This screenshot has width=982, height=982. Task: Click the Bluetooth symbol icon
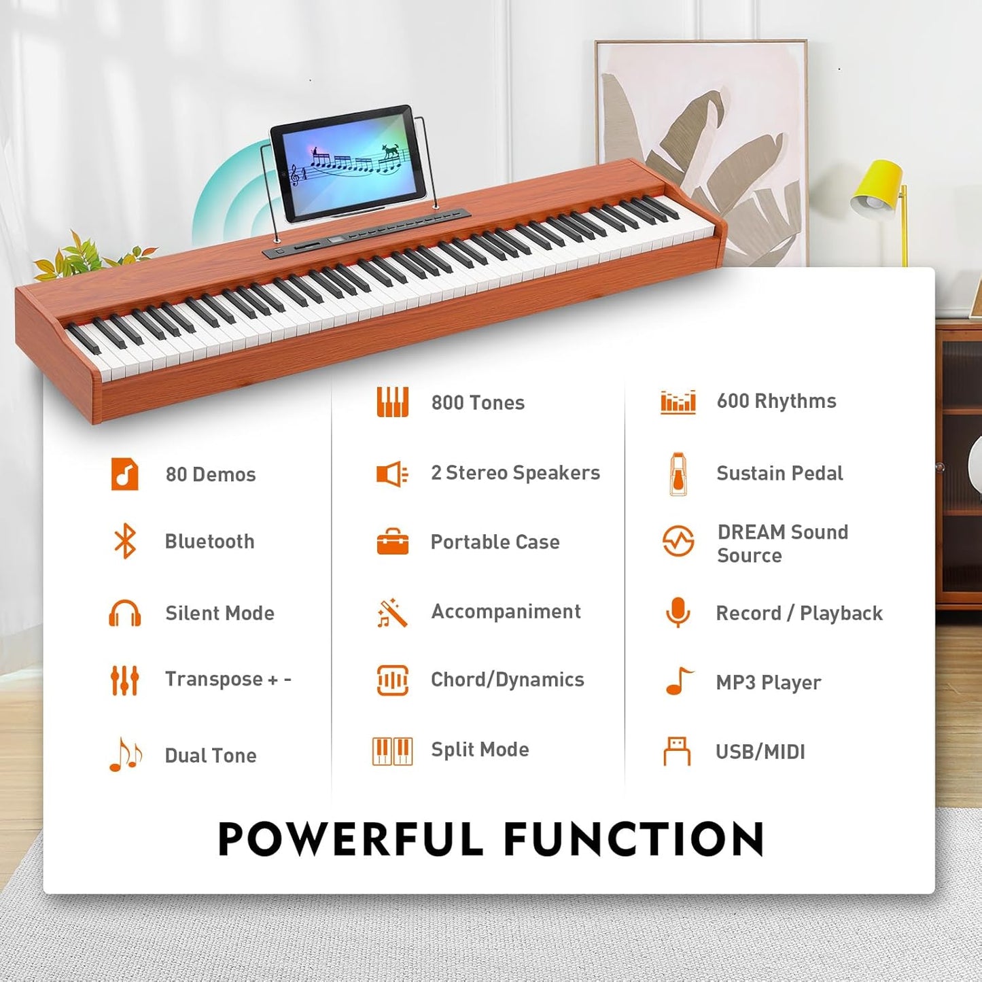125,542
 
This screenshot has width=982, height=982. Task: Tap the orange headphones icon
125,613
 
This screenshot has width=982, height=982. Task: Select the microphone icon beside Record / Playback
678,612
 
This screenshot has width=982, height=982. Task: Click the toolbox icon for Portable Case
393,542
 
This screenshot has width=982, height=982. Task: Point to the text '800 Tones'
478,402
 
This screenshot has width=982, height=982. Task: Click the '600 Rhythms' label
776,401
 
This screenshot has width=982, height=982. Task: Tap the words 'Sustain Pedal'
779,473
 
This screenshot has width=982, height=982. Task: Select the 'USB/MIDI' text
760,752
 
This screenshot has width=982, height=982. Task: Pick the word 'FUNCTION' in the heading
634,839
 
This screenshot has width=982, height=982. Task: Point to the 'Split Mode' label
480,750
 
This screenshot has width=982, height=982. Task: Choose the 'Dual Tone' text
211,755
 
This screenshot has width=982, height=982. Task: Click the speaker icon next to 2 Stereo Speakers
392,474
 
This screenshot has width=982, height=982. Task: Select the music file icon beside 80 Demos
124,474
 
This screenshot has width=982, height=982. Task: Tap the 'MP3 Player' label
768,682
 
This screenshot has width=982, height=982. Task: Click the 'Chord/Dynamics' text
507,680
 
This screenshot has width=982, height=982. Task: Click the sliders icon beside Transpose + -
124,680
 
